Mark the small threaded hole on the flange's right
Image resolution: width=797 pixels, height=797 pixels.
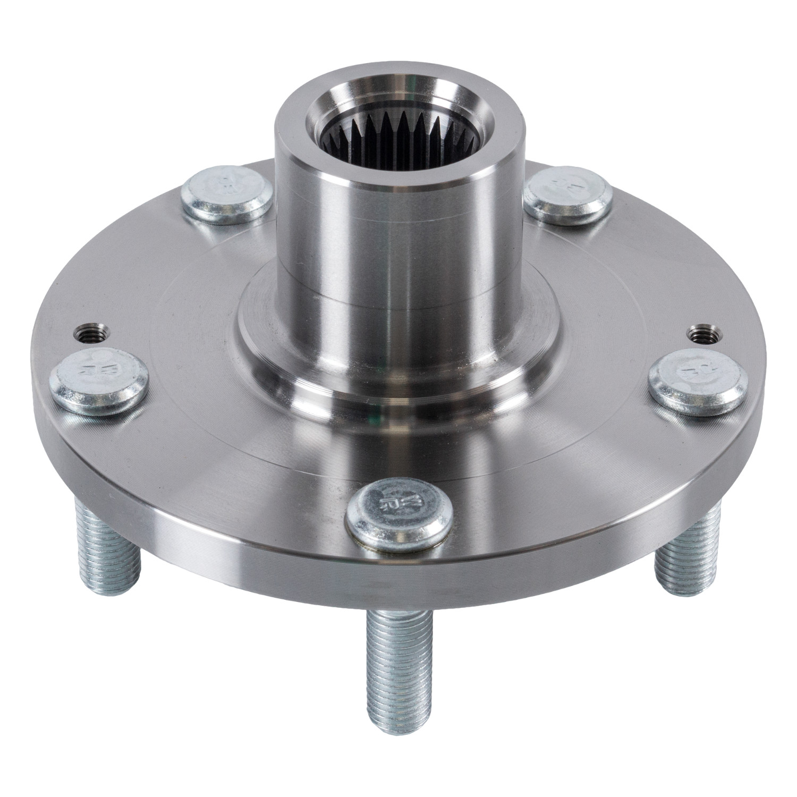pyautogui.click(x=701, y=334)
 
